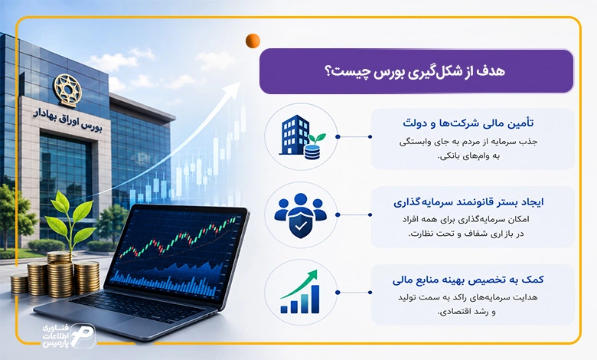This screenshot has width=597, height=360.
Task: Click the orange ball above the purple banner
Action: (253, 41)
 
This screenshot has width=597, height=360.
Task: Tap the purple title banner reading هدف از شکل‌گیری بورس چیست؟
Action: (416, 71)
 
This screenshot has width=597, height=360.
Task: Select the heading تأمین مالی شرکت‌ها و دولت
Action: (468, 123)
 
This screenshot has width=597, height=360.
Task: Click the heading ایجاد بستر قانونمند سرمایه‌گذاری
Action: (468, 202)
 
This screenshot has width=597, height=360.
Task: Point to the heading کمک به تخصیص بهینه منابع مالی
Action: (468, 280)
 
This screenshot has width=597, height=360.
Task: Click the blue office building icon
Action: (295, 136)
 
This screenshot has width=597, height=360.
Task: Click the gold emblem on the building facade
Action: (68, 90)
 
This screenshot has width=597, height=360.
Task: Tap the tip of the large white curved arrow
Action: (240, 82)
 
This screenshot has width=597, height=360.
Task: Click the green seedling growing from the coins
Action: (71, 220)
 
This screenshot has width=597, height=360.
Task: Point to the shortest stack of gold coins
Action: (19, 284)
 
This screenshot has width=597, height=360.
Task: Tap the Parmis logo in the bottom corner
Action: (69, 335)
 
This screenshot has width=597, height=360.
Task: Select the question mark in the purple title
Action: (329, 71)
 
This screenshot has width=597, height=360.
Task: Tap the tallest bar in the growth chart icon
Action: (315, 299)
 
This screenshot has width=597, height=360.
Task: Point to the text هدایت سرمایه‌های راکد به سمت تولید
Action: (468, 297)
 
